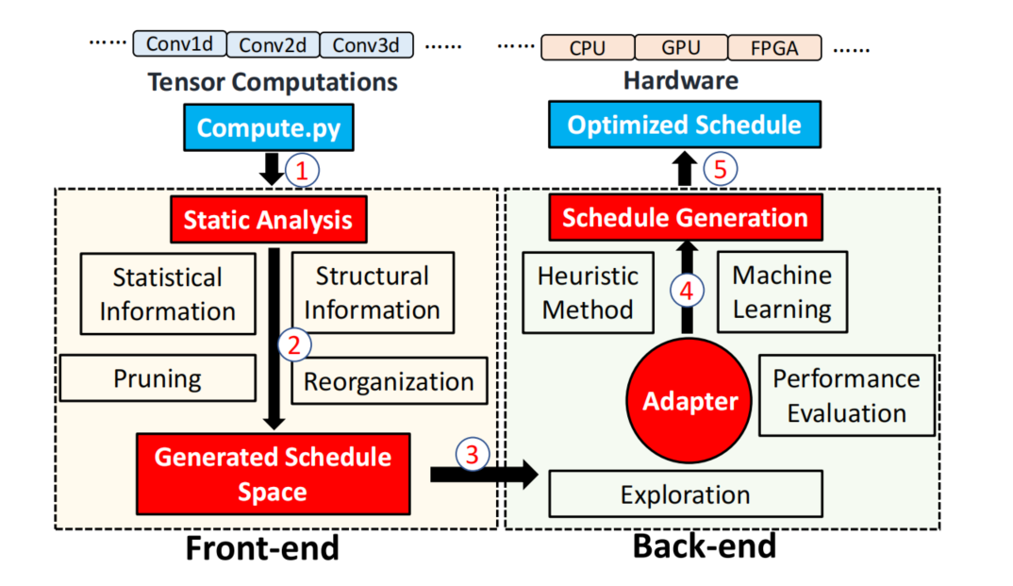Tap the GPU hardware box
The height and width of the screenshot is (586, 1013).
(680, 47)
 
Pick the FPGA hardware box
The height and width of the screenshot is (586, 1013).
(774, 47)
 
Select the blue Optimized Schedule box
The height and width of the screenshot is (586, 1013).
(684, 126)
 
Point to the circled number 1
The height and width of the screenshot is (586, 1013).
(302, 172)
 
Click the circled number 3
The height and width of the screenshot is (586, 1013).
(472, 455)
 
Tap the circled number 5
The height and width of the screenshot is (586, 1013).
(720, 170)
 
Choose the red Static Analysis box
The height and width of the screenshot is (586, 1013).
(268, 220)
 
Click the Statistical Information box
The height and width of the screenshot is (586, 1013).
(168, 293)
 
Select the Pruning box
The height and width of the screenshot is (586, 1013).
(158, 379)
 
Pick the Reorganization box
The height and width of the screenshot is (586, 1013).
(390, 381)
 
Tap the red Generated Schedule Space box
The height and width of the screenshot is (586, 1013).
(273, 474)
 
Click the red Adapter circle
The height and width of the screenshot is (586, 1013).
(690, 401)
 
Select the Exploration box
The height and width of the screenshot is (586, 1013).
(686, 494)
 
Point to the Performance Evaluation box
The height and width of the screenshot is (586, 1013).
(846, 395)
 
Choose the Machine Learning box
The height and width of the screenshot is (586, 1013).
(782, 292)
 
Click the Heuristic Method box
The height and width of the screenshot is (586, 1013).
(588, 292)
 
